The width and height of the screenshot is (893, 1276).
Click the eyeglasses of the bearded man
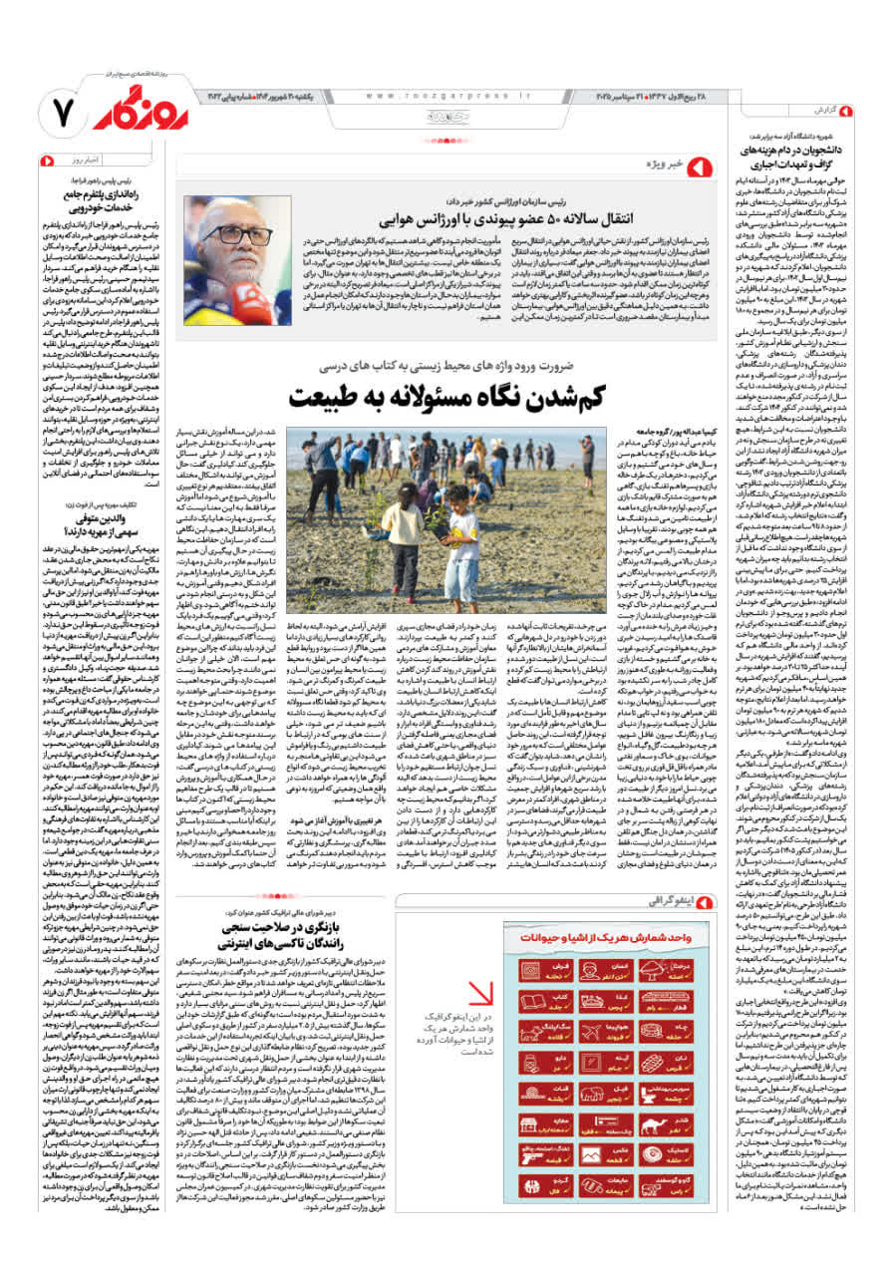click(234, 237)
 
